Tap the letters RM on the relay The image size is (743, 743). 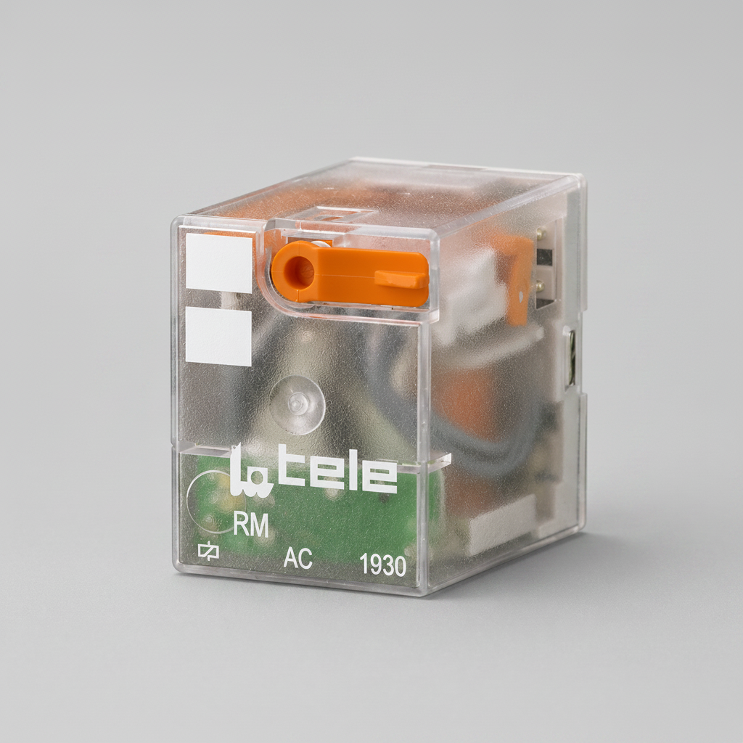pos(250,525)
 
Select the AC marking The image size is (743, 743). pos(297,558)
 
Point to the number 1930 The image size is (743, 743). pos(383,565)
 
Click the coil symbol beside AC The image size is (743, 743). pos(208,551)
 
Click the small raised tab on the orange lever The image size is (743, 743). pos(401,279)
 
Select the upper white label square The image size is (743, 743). pos(218,263)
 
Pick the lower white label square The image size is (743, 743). pos(218,336)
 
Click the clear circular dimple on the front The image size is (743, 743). pos(297,405)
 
